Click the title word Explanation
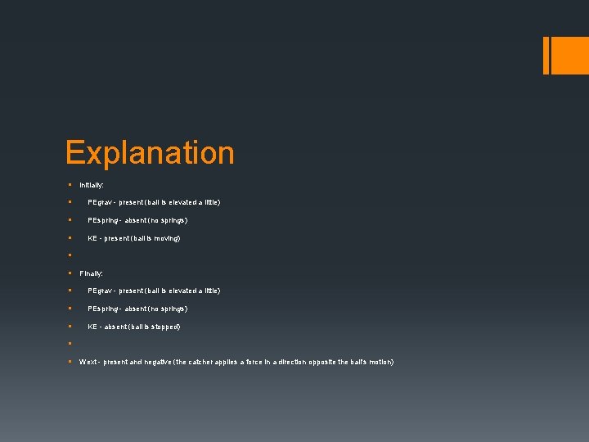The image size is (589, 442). [150, 153]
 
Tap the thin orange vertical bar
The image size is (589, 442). [546, 55]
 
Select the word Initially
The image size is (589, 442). [91, 186]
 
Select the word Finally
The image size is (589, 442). [91, 273]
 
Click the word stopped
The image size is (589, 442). [164, 327]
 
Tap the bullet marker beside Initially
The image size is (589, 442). [71, 186]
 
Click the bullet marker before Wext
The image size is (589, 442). [71, 362]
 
